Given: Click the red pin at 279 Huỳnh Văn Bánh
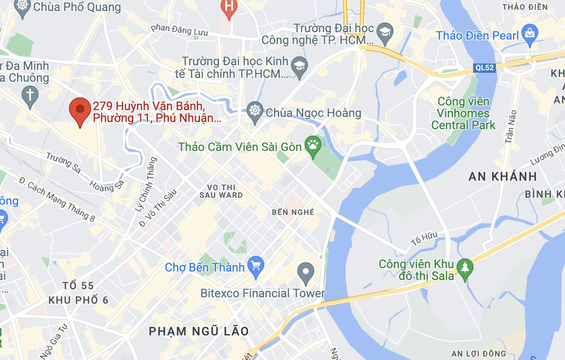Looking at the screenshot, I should pos(80,110).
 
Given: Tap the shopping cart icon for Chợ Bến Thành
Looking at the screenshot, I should pos(256,266).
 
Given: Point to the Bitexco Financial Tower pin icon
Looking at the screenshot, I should pos(305,271).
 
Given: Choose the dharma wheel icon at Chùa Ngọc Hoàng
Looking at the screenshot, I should pos(255,111).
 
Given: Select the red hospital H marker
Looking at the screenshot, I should pos(229,7).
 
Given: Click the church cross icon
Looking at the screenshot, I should pos(30,94).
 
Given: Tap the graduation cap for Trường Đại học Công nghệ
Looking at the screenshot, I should pos(385,32).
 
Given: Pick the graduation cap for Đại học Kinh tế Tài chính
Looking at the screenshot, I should pos(299,66).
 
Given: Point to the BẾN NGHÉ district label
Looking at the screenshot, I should pos(293,212).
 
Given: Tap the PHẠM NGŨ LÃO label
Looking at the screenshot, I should pos(199,331).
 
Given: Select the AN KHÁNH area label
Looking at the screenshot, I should pos(503,176).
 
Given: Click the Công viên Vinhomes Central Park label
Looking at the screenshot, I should pos(463,114).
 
